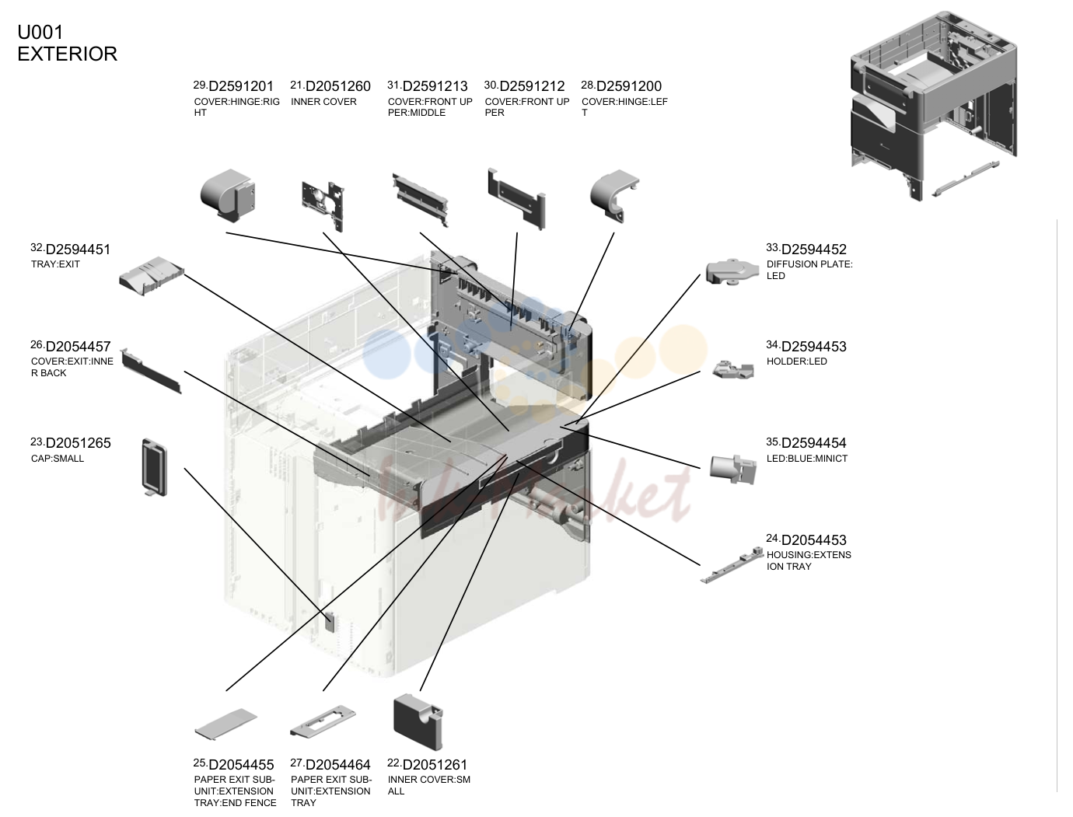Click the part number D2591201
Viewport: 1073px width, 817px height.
(x=240, y=86)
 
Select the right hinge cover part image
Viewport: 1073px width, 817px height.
(x=228, y=195)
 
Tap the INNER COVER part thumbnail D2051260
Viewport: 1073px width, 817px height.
(x=323, y=206)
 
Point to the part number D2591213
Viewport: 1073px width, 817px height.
(x=435, y=86)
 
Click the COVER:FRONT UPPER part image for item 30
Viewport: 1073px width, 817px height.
(x=517, y=199)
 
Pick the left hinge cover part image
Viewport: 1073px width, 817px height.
(x=614, y=195)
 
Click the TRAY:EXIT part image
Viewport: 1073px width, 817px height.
(x=152, y=276)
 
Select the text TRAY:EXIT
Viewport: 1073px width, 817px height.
(x=55, y=264)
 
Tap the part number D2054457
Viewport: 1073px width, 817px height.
(x=78, y=347)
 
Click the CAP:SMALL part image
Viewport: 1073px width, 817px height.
(x=155, y=467)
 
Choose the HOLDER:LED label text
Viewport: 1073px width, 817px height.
(x=797, y=361)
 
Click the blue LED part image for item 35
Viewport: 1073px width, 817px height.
(x=732, y=469)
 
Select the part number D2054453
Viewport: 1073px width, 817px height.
(x=813, y=540)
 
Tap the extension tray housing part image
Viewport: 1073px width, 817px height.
(x=732, y=565)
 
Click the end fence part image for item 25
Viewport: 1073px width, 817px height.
(x=225, y=723)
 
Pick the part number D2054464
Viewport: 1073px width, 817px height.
(x=337, y=765)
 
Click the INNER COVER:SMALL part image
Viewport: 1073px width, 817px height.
(x=418, y=722)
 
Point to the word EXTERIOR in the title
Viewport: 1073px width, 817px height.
(x=68, y=54)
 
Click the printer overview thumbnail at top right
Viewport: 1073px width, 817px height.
(x=933, y=106)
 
